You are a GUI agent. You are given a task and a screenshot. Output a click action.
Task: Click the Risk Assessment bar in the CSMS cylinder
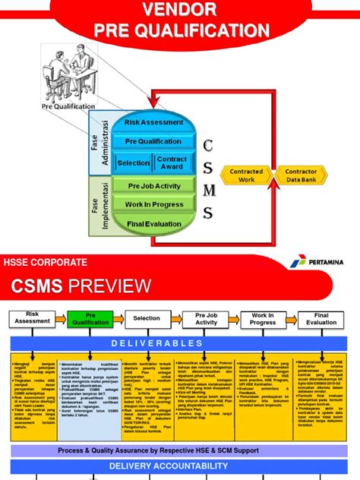[153, 122]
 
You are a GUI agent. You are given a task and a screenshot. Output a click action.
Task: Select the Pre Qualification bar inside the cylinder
[153, 141]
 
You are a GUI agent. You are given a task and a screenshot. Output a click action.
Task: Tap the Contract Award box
[172, 163]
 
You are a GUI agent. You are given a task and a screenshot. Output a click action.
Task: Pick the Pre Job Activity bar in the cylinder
[154, 186]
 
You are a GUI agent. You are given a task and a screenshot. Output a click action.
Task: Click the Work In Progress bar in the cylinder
[154, 204]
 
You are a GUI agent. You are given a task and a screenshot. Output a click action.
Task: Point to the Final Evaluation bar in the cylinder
[154, 223]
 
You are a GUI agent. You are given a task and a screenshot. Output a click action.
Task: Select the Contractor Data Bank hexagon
[301, 176]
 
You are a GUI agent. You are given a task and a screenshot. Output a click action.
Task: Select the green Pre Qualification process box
[90, 319]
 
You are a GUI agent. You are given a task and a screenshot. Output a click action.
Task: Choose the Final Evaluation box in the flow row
[321, 319]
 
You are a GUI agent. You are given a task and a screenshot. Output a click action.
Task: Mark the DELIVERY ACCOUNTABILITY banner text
[179, 466]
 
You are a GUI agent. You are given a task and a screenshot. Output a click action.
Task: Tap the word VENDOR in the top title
[182, 10]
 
